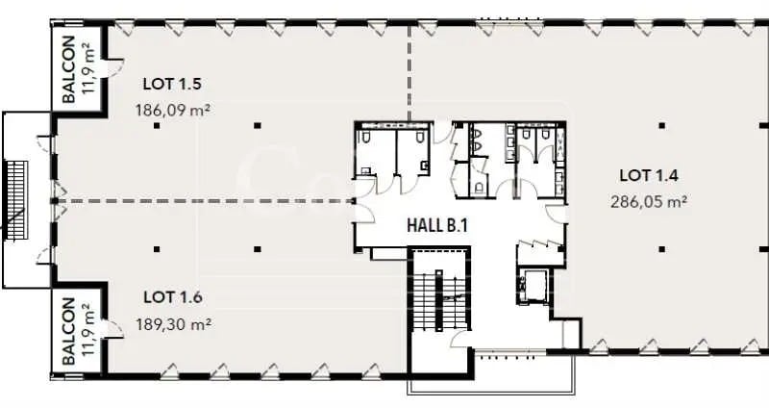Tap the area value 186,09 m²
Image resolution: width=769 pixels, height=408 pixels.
173,110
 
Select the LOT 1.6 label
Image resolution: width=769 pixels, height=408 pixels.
173,296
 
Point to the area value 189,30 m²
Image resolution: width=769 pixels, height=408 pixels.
173,324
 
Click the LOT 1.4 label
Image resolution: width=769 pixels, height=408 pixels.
650,175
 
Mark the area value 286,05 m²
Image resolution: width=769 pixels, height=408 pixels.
650,202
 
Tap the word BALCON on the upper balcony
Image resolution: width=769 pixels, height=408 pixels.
69,68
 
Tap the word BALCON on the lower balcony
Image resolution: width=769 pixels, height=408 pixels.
69,330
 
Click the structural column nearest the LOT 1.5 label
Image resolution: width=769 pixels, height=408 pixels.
157,125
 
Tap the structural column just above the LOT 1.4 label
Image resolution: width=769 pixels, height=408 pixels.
661,125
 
